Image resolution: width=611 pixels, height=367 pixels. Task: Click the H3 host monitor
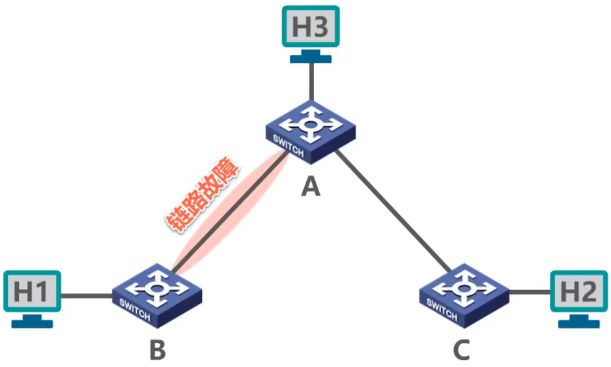point(311,27)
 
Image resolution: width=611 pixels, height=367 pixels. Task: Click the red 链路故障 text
point(202,195)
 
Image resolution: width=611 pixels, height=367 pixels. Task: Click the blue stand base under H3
point(311,58)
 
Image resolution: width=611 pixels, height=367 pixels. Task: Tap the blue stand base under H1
point(31,323)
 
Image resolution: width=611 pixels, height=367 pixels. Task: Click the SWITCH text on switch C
point(442,308)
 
